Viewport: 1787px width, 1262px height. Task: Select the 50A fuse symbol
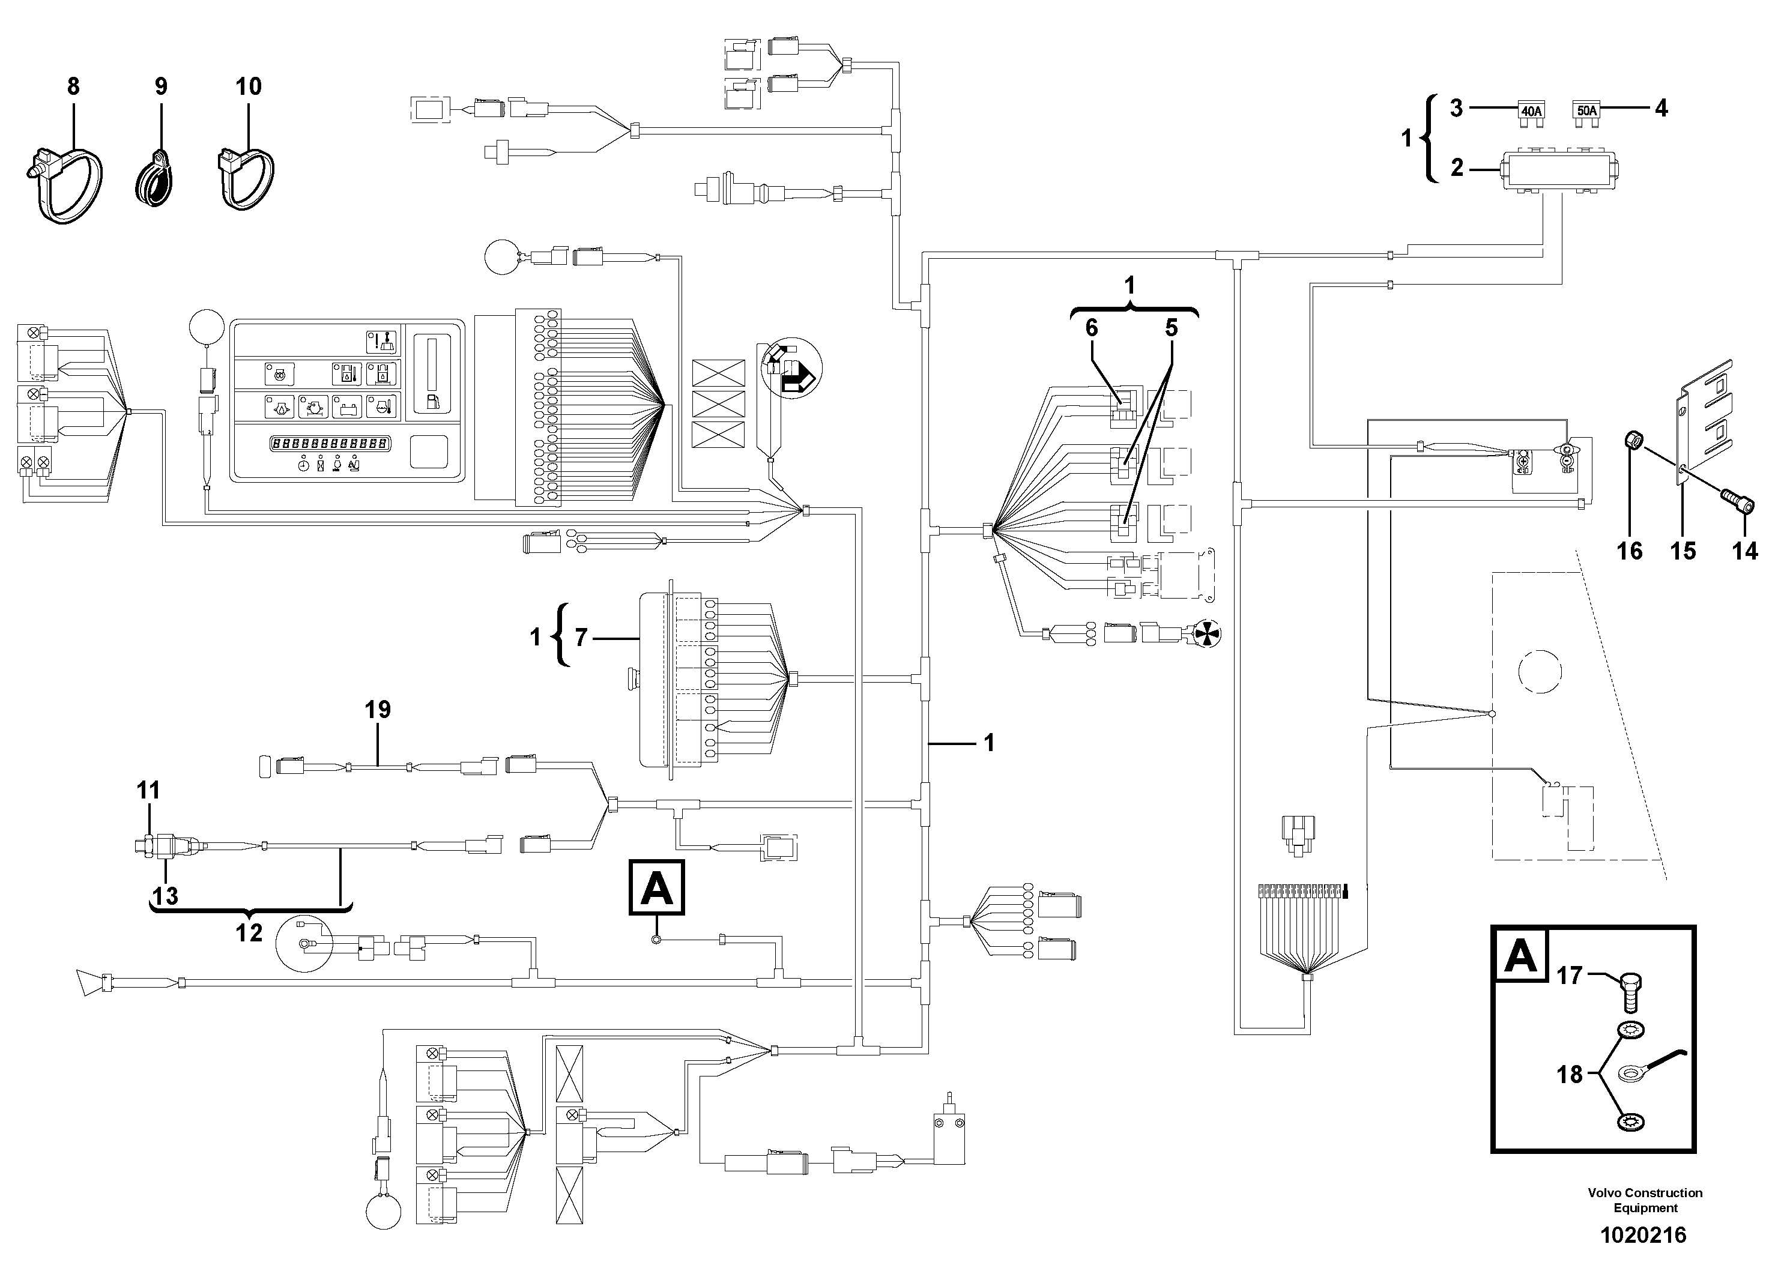tap(1586, 110)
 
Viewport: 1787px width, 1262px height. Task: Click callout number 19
tap(378, 710)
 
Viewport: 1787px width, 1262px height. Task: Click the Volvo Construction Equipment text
tap(1645, 1200)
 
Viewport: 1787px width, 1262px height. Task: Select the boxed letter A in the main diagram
tap(657, 887)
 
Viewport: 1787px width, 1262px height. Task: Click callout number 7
tap(581, 638)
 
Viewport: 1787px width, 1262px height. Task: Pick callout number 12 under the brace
tap(249, 932)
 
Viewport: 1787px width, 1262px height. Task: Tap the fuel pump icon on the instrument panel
tap(431, 402)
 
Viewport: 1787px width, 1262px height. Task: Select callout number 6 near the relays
tap(1091, 328)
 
